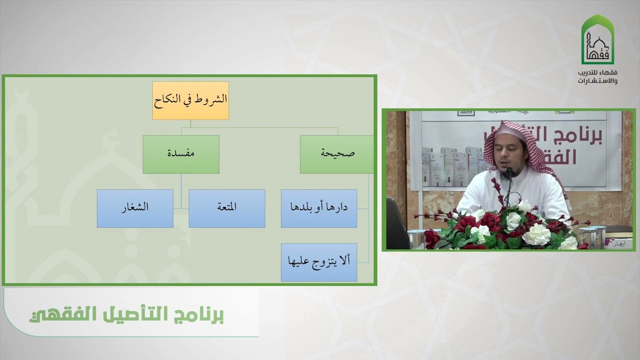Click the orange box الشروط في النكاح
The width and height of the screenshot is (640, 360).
[190, 100]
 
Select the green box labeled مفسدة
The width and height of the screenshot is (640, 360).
[181, 154]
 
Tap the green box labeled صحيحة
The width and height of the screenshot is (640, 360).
[337, 154]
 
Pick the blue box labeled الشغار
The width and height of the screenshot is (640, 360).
[135, 208]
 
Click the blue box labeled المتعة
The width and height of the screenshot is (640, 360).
[227, 208]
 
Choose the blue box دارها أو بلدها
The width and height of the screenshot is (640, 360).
[319, 208]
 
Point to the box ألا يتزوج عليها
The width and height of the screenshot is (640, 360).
[319, 262]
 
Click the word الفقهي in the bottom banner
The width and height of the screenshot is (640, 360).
[53, 316]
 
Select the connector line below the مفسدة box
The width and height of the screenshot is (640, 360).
[181, 190]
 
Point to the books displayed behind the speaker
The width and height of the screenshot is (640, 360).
[450, 165]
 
